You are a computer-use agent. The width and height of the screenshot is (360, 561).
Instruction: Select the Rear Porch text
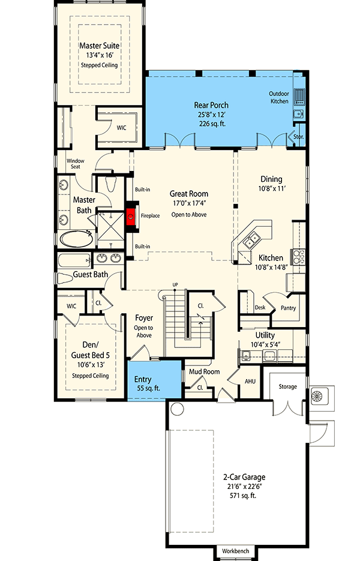pos(211,105)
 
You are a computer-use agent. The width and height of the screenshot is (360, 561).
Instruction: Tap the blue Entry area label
pos(142,379)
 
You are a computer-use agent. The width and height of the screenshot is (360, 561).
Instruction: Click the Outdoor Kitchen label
pos(279,97)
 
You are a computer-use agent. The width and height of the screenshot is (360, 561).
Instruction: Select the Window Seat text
pos(75,164)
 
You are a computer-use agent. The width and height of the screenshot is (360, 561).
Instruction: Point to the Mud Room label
pos(204,371)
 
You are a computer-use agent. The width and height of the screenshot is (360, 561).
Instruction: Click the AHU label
pos(250,380)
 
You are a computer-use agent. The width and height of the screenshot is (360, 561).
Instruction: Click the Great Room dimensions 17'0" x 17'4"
pos(188,203)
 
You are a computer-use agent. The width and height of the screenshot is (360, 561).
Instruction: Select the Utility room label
pos(265,334)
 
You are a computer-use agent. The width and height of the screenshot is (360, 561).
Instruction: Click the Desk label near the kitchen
pos(260,307)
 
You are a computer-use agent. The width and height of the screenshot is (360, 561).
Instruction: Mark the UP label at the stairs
pos(175,284)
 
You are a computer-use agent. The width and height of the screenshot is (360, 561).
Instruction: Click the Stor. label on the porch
pos(298,137)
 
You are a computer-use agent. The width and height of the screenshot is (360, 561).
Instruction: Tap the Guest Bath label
pos(91,275)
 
